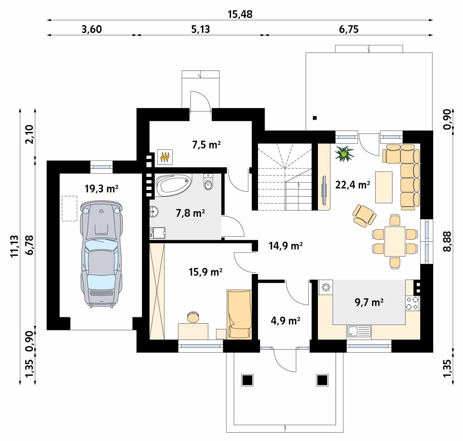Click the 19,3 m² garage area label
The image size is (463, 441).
101,189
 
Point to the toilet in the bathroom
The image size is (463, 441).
208,182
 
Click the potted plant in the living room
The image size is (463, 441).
344,154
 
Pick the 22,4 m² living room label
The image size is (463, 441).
353,185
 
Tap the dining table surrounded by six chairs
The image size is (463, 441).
395,241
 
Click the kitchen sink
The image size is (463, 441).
359,331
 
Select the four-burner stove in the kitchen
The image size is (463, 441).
412,303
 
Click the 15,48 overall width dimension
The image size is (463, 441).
240,14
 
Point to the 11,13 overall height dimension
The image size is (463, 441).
14,247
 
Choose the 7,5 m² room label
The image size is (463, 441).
207,145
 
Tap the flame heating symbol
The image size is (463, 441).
165,157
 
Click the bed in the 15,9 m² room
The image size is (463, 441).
239,314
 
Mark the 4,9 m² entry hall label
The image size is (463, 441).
285,320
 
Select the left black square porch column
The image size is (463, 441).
247,380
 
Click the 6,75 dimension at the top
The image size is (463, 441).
349,29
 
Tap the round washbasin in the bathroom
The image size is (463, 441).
154,211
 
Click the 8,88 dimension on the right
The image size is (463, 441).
447,241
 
